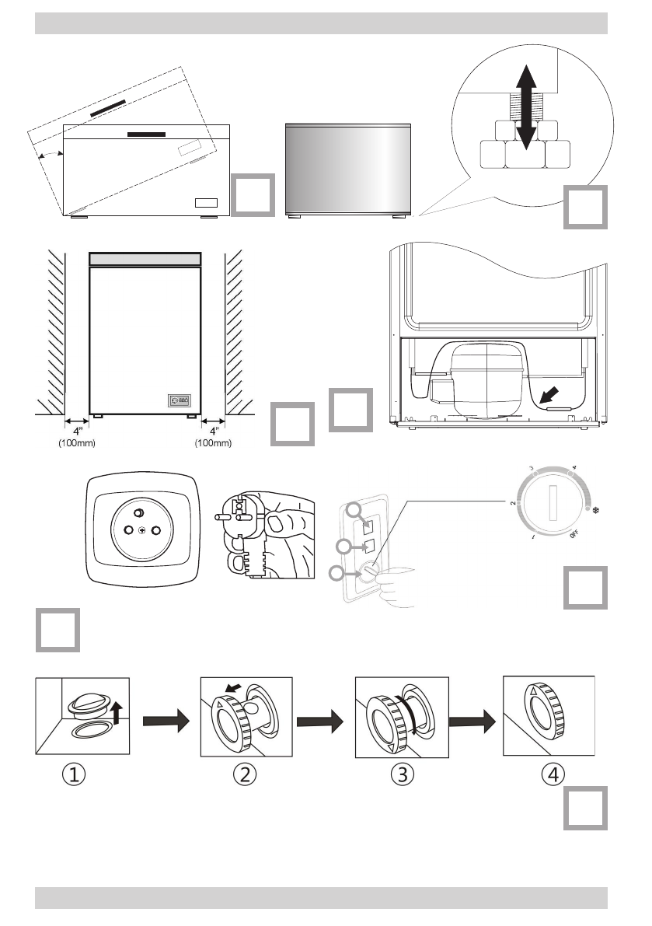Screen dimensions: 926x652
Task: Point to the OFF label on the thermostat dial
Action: pyautogui.click(x=573, y=533)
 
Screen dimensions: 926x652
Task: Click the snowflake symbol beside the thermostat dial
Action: pyautogui.click(x=597, y=511)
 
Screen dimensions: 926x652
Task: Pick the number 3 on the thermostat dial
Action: pyautogui.click(x=532, y=469)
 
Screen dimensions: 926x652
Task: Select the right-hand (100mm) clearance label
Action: pyautogui.click(x=211, y=444)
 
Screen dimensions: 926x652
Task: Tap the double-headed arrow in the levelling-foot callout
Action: pyautogui.click(x=526, y=107)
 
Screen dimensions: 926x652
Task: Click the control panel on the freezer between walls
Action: pyautogui.click(x=180, y=401)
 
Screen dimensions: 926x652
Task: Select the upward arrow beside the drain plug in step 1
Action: pyautogui.click(x=115, y=710)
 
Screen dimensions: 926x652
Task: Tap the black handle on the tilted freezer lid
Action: pyautogui.click(x=117, y=108)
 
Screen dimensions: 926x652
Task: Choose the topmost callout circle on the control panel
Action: pyautogui.click(x=355, y=511)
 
